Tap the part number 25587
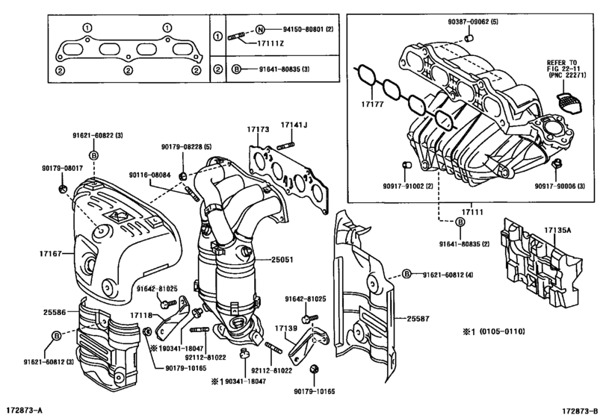pos(418,318)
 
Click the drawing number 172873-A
pos(25,411)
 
